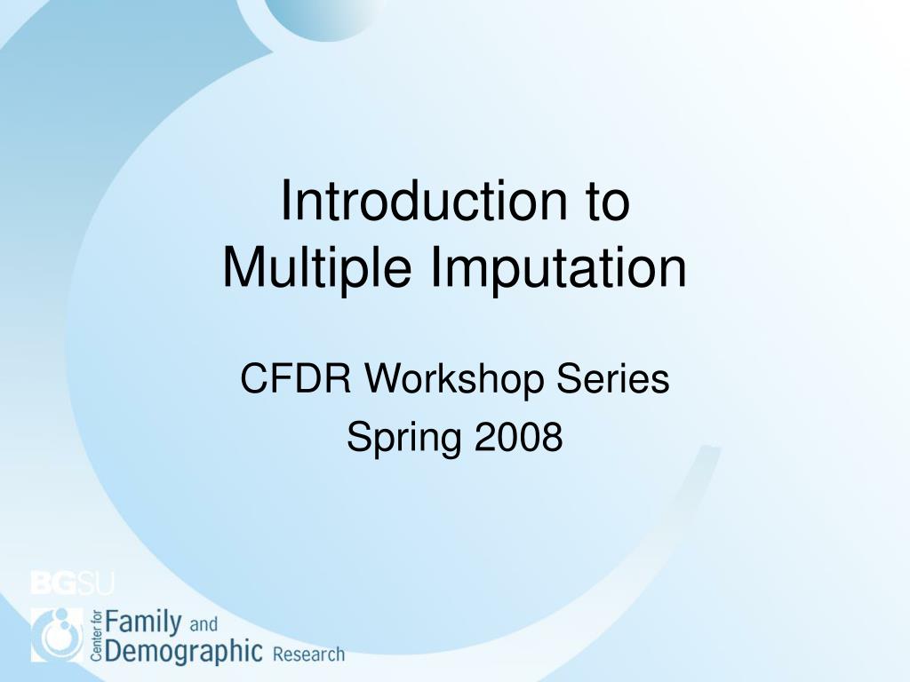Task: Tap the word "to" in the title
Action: pyautogui.click(x=607, y=202)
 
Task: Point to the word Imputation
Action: pyautogui.click(x=559, y=267)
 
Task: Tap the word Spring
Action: pyautogui.click(x=404, y=438)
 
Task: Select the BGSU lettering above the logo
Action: pyautogui.click(x=73, y=583)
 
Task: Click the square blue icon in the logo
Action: pyautogui.click(x=58, y=635)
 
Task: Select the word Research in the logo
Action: pyautogui.click(x=308, y=655)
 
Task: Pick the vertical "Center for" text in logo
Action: pyautogui.click(x=97, y=636)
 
